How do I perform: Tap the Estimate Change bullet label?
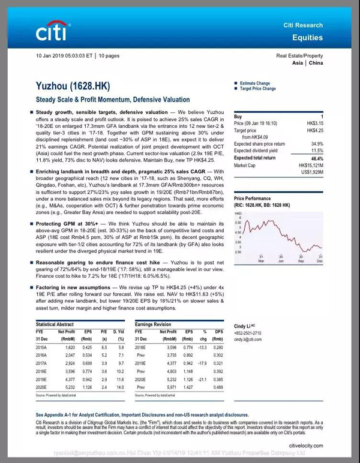[256, 83]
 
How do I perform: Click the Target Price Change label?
[258, 89]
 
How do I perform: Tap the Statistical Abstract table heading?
[58, 324]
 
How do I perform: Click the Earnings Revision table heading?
[154, 324]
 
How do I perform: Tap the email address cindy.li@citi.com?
[248, 339]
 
